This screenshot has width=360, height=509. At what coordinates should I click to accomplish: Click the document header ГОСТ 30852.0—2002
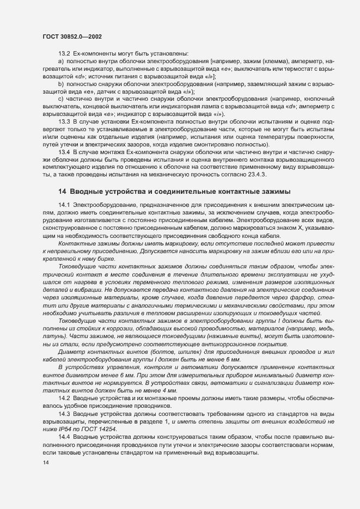(70, 36)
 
